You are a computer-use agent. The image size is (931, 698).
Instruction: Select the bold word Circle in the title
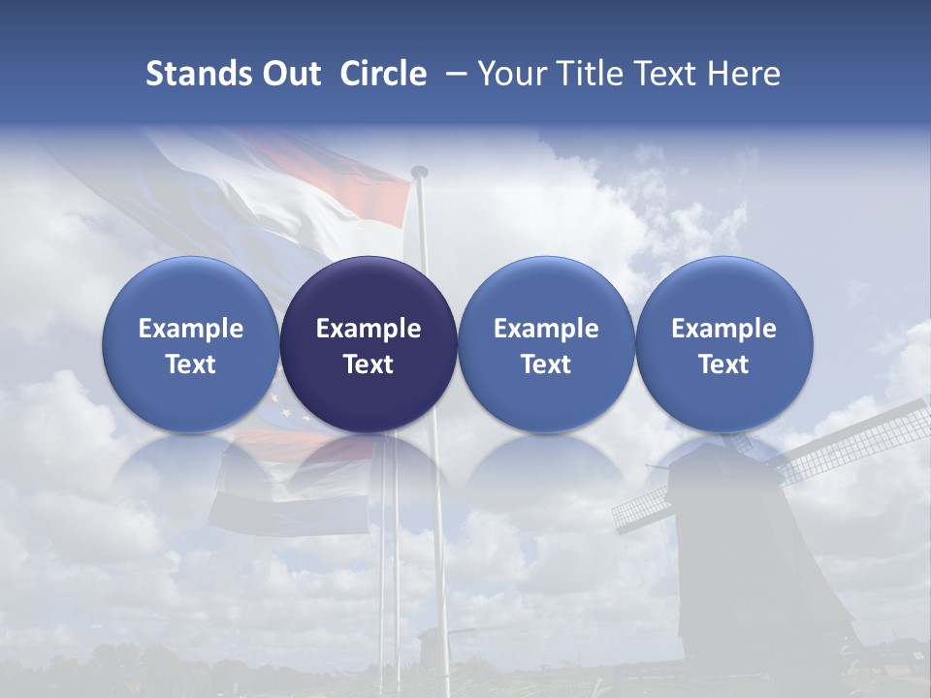(x=383, y=74)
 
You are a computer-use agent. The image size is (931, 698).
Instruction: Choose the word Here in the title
(x=744, y=74)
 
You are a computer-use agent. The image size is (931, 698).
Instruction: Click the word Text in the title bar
(x=668, y=74)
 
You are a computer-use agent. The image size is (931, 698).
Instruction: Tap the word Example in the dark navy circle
(x=369, y=329)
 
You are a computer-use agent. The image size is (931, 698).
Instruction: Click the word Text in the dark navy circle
(x=369, y=365)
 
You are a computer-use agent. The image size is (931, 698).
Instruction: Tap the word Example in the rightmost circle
(x=723, y=329)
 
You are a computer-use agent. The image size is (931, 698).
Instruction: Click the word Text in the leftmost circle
(x=191, y=365)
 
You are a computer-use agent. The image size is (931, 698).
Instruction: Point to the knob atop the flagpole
(x=419, y=172)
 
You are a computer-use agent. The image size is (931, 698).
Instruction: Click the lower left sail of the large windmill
(x=645, y=506)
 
